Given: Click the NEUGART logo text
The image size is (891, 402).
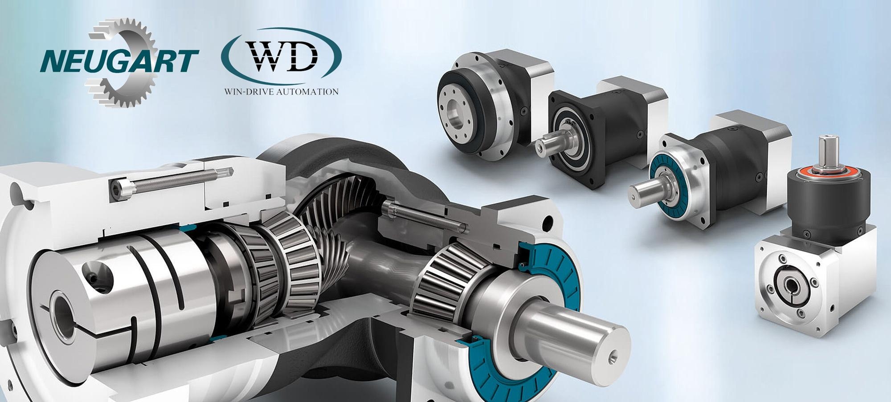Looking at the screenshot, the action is pyautogui.click(x=119, y=61).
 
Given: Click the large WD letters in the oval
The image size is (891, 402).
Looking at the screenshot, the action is pyautogui.click(x=283, y=59).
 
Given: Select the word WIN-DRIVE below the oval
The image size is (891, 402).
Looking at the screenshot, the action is pyautogui.click(x=249, y=92).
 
